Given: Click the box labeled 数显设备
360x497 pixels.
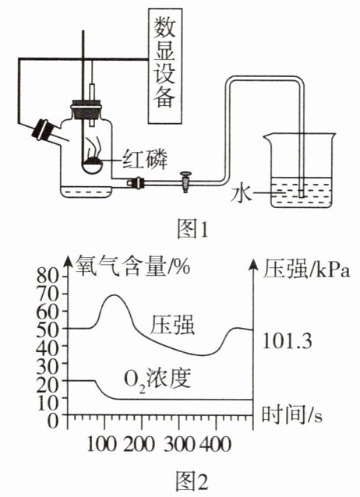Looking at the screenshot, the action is [x=165, y=66].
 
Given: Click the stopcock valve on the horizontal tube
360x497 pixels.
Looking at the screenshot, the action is [x=186, y=182].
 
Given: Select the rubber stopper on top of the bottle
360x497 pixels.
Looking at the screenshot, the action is [x=86, y=109].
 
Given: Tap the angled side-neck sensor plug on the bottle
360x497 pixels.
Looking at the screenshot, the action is [x=44, y=129].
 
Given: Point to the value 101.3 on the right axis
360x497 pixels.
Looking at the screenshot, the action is [x=288, y=342].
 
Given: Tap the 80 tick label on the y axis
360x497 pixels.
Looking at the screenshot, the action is [x=48, y=277].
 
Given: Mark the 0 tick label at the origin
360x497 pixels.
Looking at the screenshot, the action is [x=54, y=421].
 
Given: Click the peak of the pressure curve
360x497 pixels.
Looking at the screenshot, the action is [x=114, y=295].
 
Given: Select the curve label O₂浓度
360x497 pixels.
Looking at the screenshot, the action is [x=157, y=379].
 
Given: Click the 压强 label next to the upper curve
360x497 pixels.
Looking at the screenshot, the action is [x=172, y=324].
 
